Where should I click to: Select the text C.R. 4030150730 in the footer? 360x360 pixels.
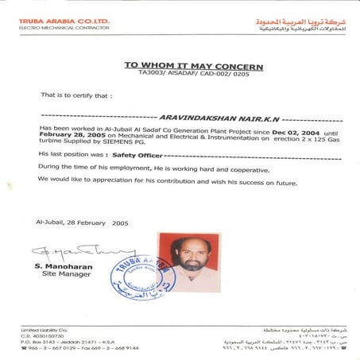pos(40,336)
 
